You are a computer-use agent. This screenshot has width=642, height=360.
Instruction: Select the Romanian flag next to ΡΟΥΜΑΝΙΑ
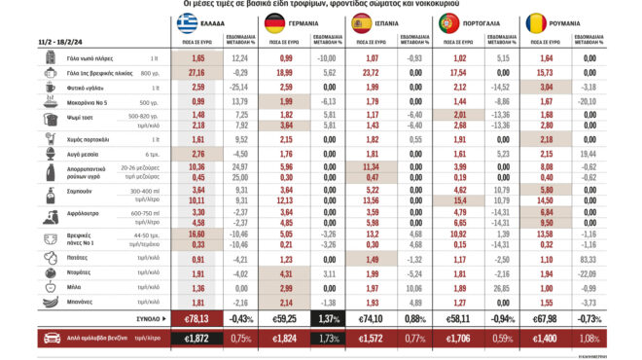562,23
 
